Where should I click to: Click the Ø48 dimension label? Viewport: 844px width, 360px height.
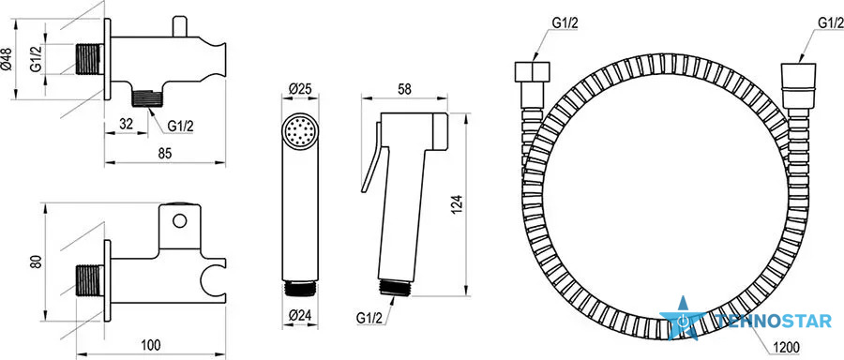point(7,59)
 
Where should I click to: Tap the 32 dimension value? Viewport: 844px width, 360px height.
point(126,123)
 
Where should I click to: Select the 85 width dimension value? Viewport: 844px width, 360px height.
point(165,154)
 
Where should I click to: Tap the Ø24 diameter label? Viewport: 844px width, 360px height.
point(300,316)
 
